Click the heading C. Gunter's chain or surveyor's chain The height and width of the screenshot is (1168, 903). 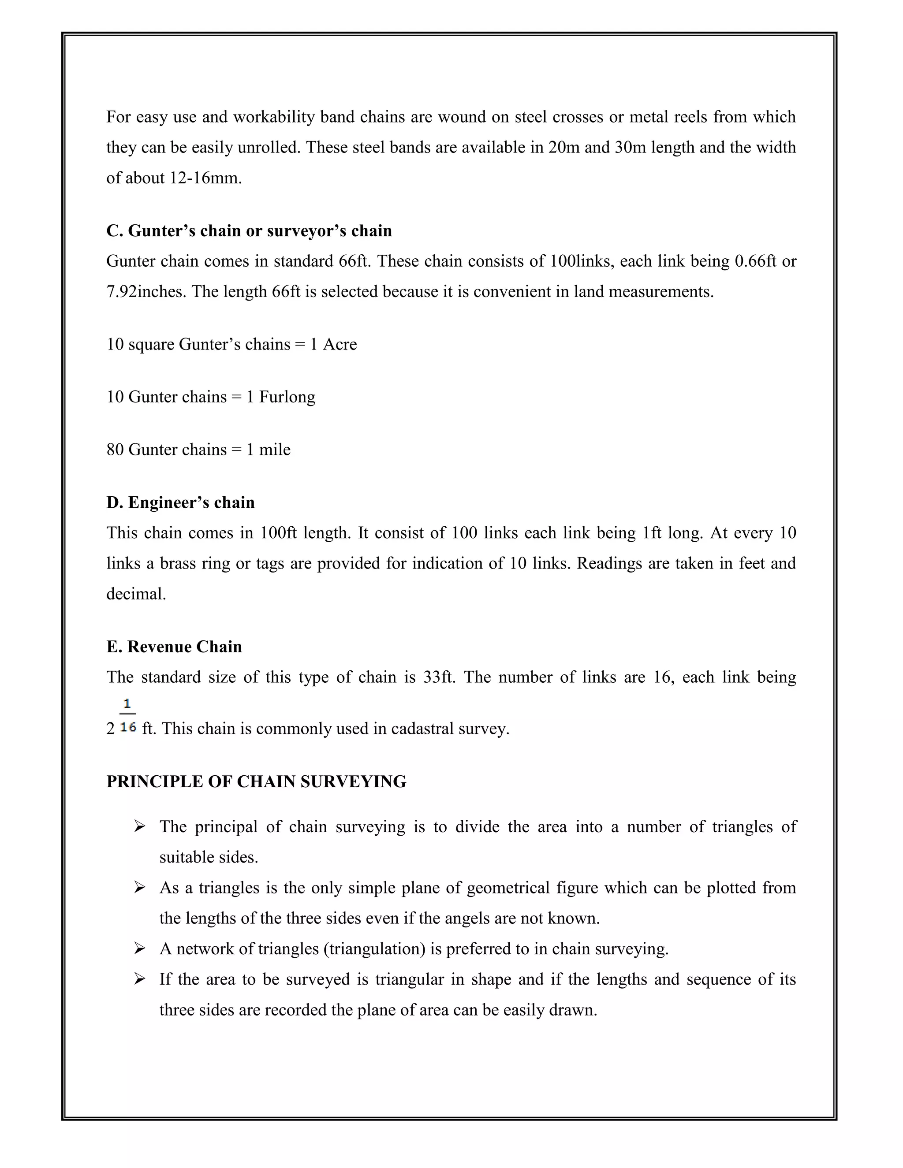click(x=249, y=231)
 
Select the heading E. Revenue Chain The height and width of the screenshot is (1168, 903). click(x=174, y=647)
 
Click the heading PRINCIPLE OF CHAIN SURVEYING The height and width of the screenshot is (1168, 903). click(x=256, y=781)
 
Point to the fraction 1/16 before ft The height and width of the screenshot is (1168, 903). click(x=128, y=715)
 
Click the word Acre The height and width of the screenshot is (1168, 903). click(x=340, y=344)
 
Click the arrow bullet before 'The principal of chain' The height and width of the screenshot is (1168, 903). click(x=140, y=827)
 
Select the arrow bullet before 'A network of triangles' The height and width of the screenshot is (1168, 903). click(x=140, y=949)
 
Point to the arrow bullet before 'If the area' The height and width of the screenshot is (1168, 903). click(x=140, y=979)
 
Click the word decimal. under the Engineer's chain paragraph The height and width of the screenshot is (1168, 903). click(x=136, y=594)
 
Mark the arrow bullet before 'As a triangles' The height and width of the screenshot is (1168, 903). click(x=140, y=888)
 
